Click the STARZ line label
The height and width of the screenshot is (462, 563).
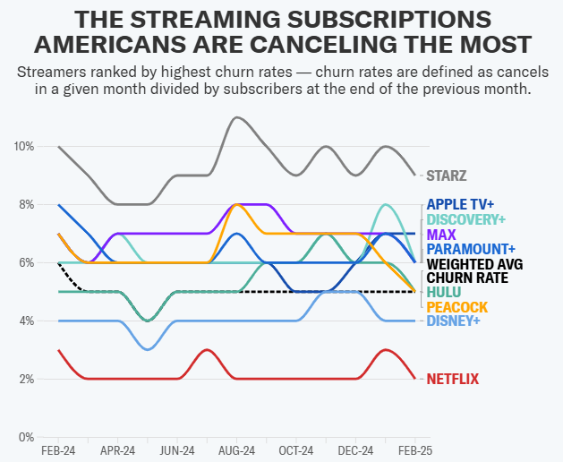(446, 175)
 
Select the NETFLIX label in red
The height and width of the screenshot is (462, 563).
(452, 379)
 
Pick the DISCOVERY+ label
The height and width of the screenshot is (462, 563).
(466, 219)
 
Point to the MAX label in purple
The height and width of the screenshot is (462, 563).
(441, 235)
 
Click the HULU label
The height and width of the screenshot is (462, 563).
(444, 292)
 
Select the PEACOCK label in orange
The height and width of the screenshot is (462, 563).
(457, 306)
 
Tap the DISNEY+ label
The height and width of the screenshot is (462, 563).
(454, 321)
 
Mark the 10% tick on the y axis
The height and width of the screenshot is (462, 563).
(24, 146)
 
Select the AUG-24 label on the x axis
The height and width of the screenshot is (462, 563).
(236, 450)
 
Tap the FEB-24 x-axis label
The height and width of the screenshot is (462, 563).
(58, 450)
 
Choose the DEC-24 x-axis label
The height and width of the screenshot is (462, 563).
(355, 450)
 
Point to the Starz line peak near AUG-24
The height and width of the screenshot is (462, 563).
(236, 117)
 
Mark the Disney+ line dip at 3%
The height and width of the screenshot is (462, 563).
(148, 349)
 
